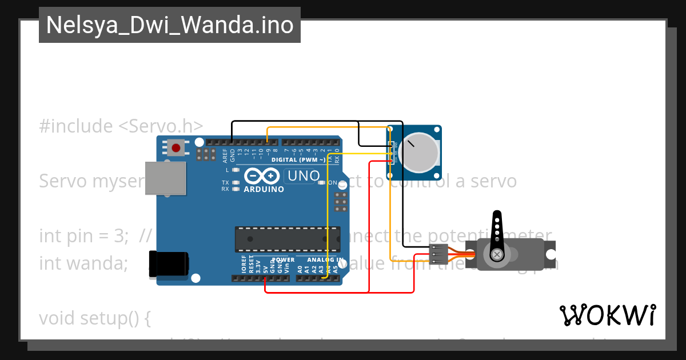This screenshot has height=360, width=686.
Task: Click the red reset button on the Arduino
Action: [176, 148]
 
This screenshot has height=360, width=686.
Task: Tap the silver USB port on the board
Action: [166, 178]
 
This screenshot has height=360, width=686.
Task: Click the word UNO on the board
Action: [302, 175]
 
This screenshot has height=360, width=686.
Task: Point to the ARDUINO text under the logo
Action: [264, 189]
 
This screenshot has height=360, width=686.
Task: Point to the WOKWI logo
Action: [607, 315]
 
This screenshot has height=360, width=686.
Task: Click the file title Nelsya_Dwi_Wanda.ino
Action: [170, 25]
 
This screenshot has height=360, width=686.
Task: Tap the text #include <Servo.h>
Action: [121, 126]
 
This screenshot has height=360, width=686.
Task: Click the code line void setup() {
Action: [95, 318]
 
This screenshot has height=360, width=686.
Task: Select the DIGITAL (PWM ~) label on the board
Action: [298, 159]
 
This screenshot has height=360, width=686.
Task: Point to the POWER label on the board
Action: [283, 260]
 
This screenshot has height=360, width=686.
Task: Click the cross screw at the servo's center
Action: [497, 254]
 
